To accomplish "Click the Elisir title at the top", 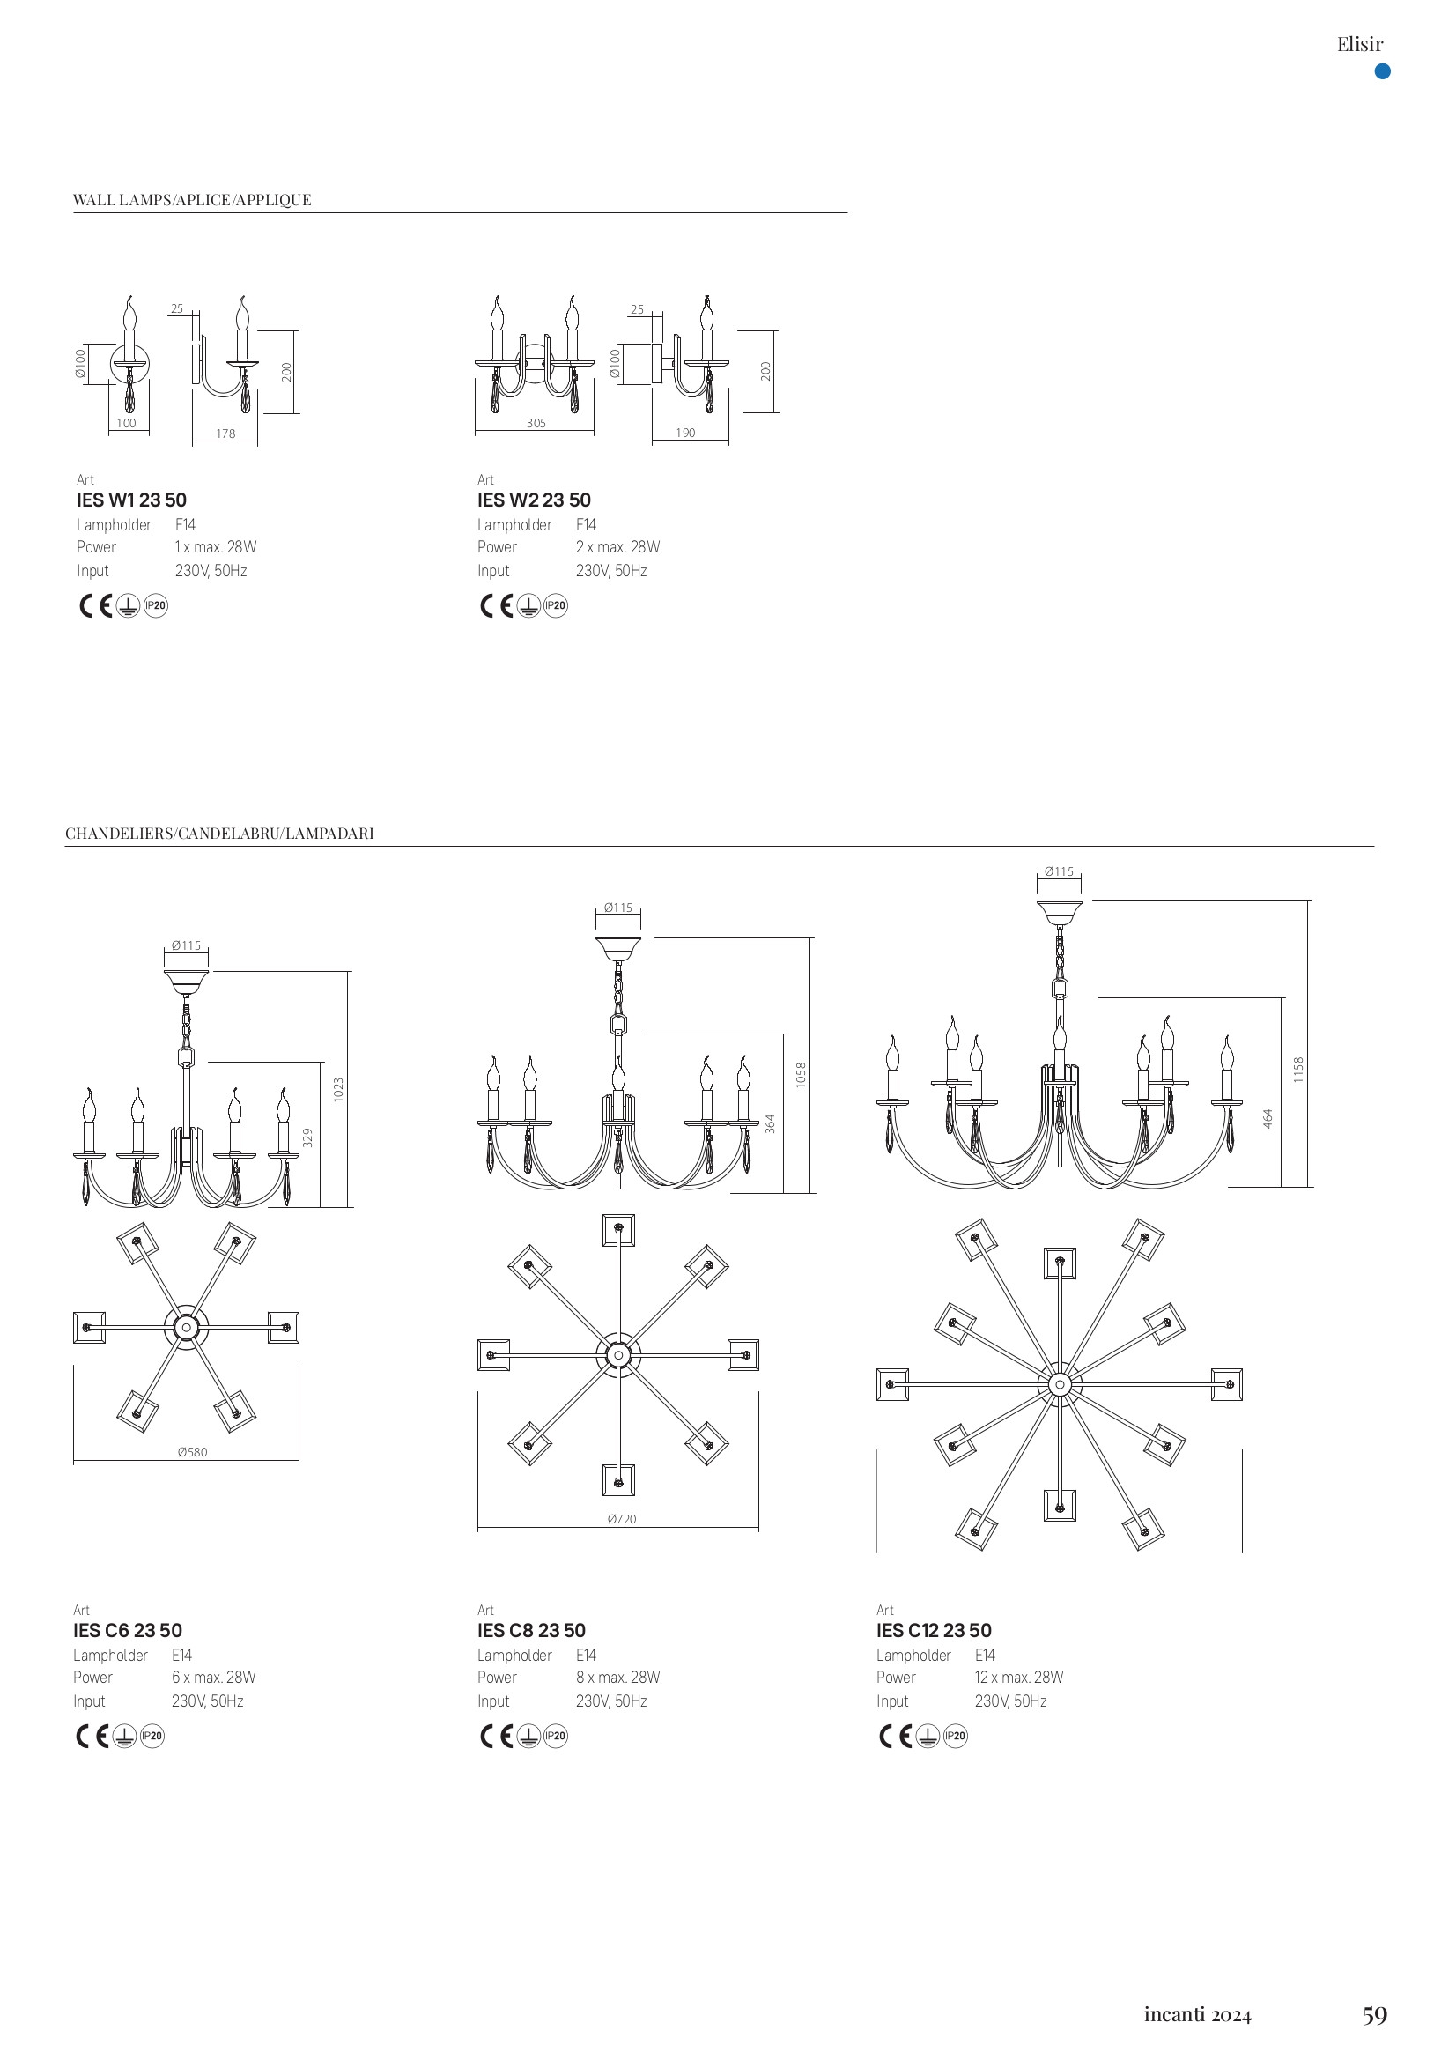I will click(1359, 44).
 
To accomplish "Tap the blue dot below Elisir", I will click(1382, 71).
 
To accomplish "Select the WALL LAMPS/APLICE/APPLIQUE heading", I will click(192, 200).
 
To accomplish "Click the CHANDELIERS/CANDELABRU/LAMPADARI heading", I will click(219, 834).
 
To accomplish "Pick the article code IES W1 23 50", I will click(132, 500).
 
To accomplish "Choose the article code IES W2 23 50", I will click(534, 500).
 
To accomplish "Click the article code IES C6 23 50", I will click(128, 1630).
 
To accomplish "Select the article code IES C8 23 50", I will click(531, 1630).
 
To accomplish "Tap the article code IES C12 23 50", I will click(934, 1630).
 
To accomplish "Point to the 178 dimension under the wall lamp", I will click(225, 434).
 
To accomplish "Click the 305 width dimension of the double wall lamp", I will click(536, 424).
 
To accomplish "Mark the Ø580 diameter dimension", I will click(192, 1452).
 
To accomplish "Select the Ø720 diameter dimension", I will click(622, 1519).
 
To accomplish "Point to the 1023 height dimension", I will click(338, 1090).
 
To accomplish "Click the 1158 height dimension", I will click(1298, 1070).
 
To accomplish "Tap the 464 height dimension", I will click(1268, 1119).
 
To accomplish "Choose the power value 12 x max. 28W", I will click(1018, 1677).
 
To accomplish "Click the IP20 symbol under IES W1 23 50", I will click(156, 606).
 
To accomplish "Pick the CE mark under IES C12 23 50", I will click(894, 1736).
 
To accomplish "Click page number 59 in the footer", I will click(1374, 2015).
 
